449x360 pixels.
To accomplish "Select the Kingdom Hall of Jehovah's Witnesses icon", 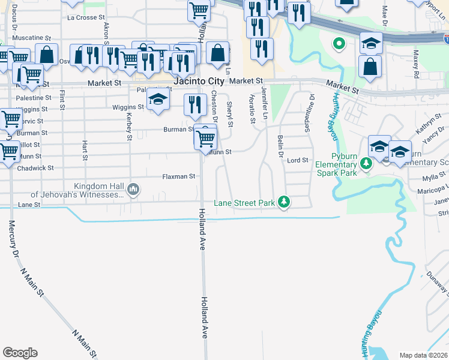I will [x=133, y=190].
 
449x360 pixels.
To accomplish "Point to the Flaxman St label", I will [x=179, y=176].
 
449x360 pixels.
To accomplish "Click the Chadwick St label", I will [x=35, y=168].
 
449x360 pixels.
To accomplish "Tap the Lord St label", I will [x=297, y=160].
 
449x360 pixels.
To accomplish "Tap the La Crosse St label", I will [x=86, y=18].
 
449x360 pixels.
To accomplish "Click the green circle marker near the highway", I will [x=339, y=43].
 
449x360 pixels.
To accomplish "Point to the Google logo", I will [x=20, y=353].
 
